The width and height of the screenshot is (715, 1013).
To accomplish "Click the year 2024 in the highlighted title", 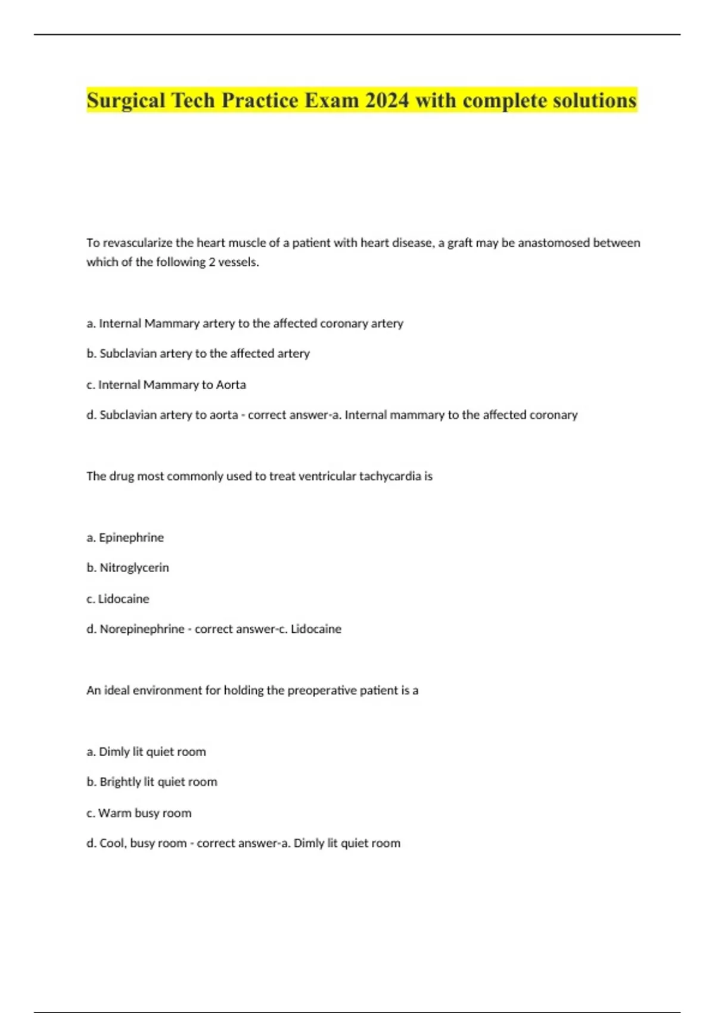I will click(x=387, y=100).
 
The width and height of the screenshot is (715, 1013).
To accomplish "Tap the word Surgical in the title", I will click(x=126, y=100).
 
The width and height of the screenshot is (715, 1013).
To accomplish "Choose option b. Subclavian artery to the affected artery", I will click(x=198, y=353).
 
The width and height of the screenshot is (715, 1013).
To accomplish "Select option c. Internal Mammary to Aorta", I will click(x=166, y=385).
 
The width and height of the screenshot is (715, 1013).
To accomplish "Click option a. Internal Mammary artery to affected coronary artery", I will click(x=245, y=323).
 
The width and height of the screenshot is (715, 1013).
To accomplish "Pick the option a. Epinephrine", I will click(x=125, y=537).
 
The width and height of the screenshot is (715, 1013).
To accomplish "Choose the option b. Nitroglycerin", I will click(x=128, y=567).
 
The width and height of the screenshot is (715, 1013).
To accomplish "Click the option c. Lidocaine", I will click(x=118, y=599).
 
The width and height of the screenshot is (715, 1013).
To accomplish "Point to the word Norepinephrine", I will click(x=142, y=629).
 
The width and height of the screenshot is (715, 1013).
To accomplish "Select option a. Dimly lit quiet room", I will click(x=146, y=751).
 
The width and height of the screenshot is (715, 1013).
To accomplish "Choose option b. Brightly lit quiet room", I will click(x=152, y=782).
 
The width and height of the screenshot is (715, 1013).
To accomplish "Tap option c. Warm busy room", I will click(x=139, y=813).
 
